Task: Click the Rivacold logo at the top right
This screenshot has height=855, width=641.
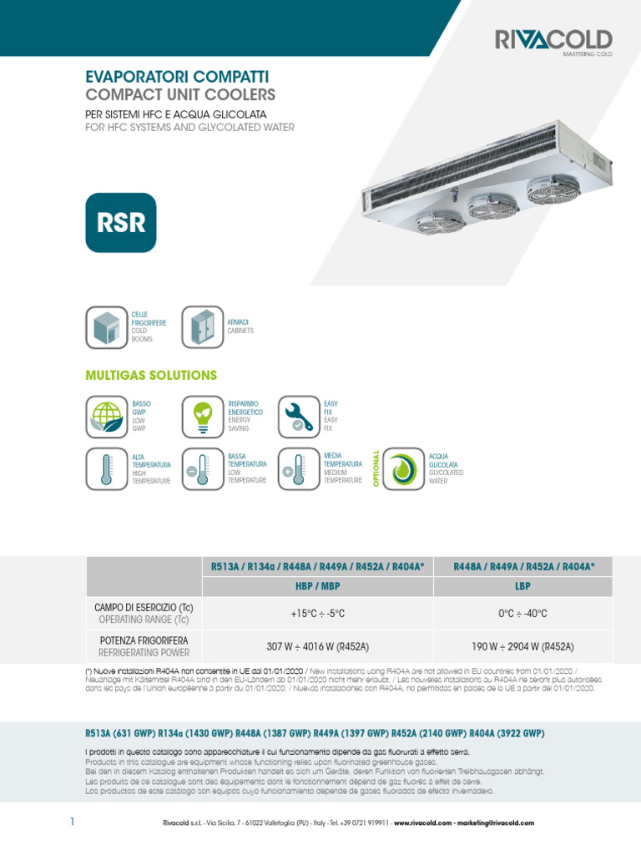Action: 553,41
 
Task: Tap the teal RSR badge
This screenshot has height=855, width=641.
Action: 121,223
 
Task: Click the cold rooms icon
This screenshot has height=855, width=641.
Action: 106,327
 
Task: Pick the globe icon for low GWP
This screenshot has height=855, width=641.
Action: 106,417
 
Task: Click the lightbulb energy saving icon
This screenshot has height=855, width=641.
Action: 202,417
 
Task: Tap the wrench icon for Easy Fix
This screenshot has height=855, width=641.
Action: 298,417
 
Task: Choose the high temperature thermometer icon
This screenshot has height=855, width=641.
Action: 106,469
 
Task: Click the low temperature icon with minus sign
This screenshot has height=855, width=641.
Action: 202,469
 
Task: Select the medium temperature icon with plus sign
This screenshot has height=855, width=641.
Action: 298,469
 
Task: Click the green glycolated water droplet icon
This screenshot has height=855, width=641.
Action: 404,469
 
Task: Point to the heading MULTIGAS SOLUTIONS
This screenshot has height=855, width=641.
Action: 151,375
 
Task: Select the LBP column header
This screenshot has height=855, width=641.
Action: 524,586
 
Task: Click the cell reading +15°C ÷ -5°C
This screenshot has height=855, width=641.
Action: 317,614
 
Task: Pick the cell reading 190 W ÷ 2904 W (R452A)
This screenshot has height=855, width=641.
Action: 524,647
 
